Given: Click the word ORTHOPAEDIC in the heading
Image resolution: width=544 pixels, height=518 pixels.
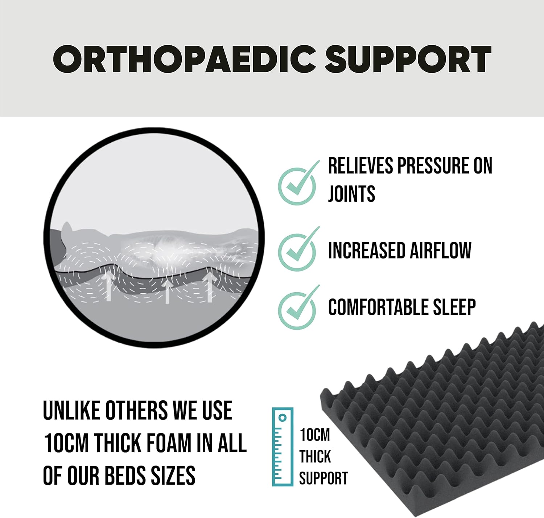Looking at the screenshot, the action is pyautogui.click(x=185, y=59).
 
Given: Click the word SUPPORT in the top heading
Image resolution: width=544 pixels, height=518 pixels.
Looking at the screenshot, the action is pyautogui.click(x=408, y=59).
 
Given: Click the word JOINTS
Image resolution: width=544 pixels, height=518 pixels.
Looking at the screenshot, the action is pyautogui.click(x=351, y=193).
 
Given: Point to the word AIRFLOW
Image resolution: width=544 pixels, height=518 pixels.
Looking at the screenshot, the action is pyautogui.click(x=441, y=250).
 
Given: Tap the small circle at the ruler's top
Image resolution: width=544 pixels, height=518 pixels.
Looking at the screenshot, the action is pyautogui.click(x=283, y=417).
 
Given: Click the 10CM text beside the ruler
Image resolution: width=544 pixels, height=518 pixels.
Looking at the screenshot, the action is pyautogui.click(x=315, y=435).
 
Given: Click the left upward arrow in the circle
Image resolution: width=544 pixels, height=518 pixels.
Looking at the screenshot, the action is pyautogui.click(x=109, y=286).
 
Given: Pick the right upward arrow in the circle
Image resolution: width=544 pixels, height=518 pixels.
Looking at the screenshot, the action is pyautogui.click(x=210, y=287).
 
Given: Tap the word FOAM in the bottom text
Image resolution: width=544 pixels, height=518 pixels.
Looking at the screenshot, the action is pyautogui.click(x=169, y=443).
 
